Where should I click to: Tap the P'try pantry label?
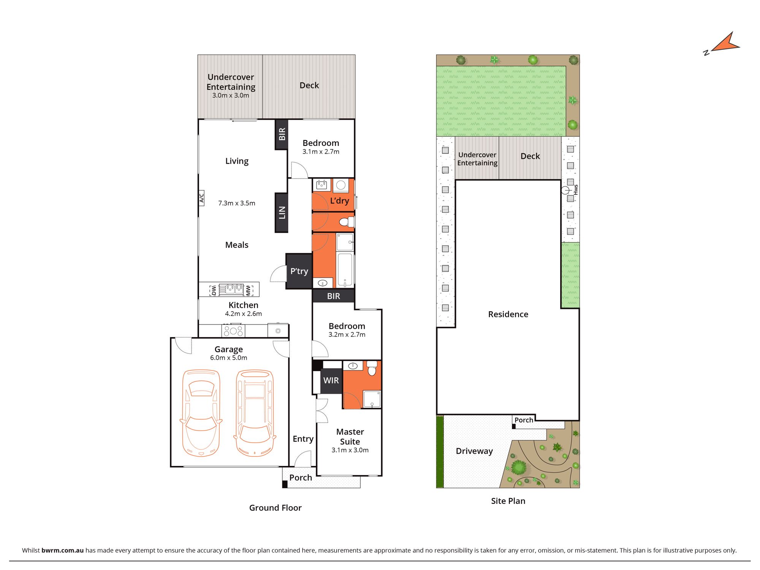(x=299, y=271)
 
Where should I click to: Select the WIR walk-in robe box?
(x=331, y=380)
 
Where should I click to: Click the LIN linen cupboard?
(x=282, y=213)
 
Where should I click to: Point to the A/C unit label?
(x=201, y=198)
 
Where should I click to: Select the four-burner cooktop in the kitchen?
(x=233, y=331)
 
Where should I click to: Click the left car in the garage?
(x=201, y=413)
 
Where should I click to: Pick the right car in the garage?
(x=255, y=413)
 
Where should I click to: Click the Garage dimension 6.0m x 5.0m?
(x=228, y=358)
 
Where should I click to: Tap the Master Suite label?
(x=350, y=437)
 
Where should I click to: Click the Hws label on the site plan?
(x=576, y=190)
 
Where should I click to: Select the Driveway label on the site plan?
(x=474, y=451)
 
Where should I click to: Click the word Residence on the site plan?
(x=508, y=314)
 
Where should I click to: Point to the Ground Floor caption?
(x=275, y=508)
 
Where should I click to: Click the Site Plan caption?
(x=508, y=501)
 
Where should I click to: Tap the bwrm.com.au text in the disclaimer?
(x=62, y=550)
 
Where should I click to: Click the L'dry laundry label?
(x=339, y=201)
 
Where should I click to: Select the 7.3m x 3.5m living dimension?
(x=237, y=203)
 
